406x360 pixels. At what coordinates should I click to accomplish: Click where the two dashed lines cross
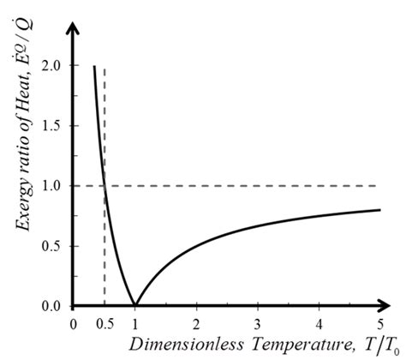(x=104, y=186)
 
